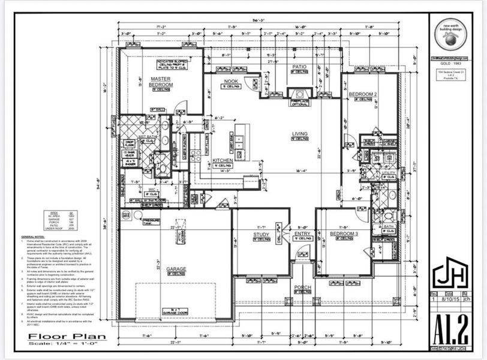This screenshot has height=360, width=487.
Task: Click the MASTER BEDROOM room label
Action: (x=161, y=82)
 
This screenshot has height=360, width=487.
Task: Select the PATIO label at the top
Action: (x=299, y=67)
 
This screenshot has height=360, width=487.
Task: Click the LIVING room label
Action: (x=299, y=134)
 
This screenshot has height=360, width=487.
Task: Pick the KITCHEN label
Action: (x=223, y=161)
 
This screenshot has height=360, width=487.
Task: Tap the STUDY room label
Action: (x=260, y=234)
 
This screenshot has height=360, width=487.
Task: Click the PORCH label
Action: (x=302, y=287)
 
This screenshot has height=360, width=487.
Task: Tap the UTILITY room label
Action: (x=389, y=173)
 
